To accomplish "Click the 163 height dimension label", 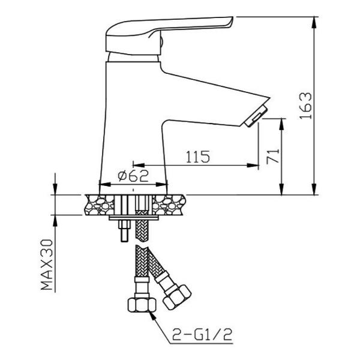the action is click(306, 106).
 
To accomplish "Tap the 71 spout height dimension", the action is click(273, 156).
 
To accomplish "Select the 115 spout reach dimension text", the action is click(197, 157).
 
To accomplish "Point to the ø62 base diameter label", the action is click(133, 176).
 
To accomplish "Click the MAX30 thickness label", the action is click(47, 265).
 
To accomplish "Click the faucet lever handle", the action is click(169, 35).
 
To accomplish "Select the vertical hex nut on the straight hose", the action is click(142, 305).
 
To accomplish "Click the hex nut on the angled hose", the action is click(177, 298).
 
